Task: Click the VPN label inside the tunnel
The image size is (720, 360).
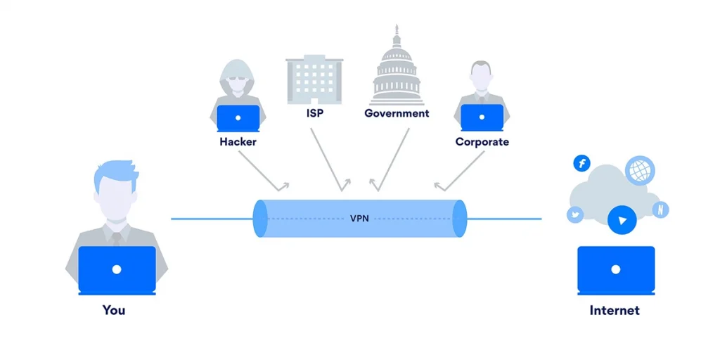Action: pyautogui.click(x=359, y=219)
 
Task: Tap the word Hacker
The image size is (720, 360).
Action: pyautogui.click(x=238, y=141)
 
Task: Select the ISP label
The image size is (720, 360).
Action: pyautogui.click(x=315, y=112)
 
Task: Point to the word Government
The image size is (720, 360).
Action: pyautogui.click(x=397, y=113)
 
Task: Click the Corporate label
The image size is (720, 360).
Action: pyautogui.click(x=482, y=141)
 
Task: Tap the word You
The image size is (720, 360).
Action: pyautogui.click(x=114, y=310)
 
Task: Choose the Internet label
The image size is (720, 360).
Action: pyautogui.click(x=615, y=310)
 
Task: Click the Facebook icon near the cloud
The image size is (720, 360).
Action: pyautogui.click(x=581, y=163)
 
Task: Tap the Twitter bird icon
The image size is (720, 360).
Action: pyautogui.click(x=575, y=214)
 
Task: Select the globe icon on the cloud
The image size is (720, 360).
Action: pyautogui.click(x=640, y=170)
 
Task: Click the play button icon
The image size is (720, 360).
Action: pyautogui.click(x=622, y=220)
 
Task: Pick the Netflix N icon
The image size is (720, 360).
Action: pyautogui.click(x=660, y=210)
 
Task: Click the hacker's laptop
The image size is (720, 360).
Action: pyautogui.click(x=238, y=118)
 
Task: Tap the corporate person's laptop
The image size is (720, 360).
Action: pyautogui.click(x=482, y=118)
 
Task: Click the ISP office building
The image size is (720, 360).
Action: pyautogui.click(x=314, y=79)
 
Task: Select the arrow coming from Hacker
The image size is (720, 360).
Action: pyautogui.click(x=264, y=171)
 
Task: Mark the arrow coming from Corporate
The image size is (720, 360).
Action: pyautogui.click(x=459, y=171)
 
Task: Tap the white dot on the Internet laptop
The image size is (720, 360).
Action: pyautogui.click(x=616, y=269)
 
